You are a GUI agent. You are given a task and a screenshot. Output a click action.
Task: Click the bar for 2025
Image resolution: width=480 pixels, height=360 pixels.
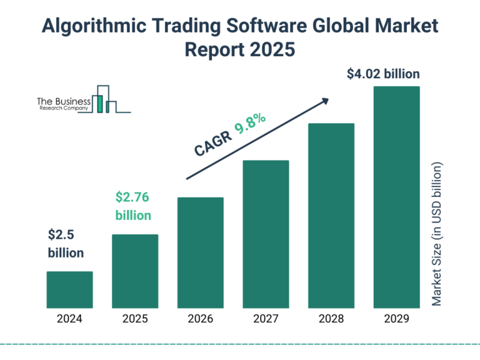click(135, 271)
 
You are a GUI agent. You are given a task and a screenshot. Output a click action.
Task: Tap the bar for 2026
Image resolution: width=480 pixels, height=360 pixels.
click(201, 252)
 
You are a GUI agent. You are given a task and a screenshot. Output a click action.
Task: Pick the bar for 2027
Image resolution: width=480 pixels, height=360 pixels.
click(266, 234)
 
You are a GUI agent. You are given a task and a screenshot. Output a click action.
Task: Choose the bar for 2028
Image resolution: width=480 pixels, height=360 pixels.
click(331, 216)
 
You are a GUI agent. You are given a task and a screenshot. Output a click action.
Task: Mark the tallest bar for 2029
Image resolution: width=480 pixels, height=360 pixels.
click(396, 197)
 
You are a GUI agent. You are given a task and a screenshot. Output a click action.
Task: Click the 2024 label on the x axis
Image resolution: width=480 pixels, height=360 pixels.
click(69, 319)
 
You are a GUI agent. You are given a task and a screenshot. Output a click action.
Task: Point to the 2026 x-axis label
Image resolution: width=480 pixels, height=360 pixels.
click(201, 319)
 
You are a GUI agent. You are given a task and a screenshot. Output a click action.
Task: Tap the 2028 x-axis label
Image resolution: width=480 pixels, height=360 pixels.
click(331, 319)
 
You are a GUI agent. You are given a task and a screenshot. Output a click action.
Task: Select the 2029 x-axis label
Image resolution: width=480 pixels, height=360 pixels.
click(396, 319)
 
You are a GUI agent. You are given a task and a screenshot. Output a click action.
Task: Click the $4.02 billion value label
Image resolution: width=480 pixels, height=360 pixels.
click(383, 74)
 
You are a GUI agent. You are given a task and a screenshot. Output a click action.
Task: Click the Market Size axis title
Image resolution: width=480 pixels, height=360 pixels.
click(437, 234)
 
